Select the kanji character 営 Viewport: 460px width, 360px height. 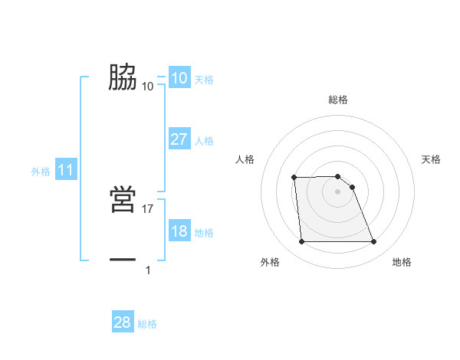pos(123,201)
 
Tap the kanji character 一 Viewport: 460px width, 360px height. pos(123,260)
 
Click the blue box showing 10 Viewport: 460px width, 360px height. pos(179,78)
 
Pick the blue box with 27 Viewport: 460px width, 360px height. pos(179,139)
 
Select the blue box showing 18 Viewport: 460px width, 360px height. pos(179,231)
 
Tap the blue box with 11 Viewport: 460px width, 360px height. pos(65,170)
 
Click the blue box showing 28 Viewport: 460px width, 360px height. pos(123,322)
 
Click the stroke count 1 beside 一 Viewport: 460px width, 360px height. pos(148,270)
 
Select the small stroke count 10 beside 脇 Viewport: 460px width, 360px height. pos(148,86)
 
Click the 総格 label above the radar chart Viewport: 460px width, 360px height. pos(338,100)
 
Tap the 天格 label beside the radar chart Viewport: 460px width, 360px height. pos(431,159)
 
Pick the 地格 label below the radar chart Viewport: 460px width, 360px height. pos(402,263)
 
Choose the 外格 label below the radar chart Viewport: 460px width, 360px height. pos(270,263)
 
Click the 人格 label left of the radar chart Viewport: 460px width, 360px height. pos(245,159)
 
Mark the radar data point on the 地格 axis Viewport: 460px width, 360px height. pos(373,242)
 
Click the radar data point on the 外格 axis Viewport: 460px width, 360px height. pos(301,242)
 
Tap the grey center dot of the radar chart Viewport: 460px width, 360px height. pos(337,191)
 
